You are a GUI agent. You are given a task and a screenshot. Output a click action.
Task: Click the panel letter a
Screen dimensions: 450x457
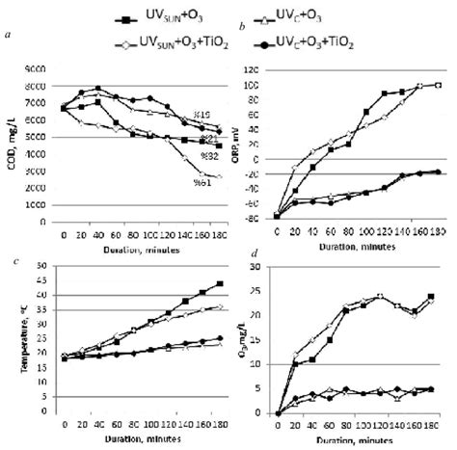pyautogui.click(x=8, y=37)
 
